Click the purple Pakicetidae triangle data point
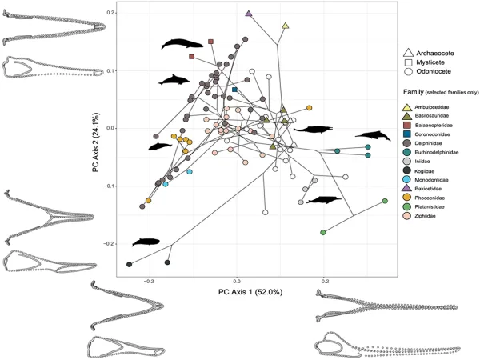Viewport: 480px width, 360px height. (249, 14)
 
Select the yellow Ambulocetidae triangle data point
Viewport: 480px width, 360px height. (286, 26)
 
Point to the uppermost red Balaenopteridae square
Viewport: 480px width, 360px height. (211, 42)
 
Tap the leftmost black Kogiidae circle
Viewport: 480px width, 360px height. (130, 264)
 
